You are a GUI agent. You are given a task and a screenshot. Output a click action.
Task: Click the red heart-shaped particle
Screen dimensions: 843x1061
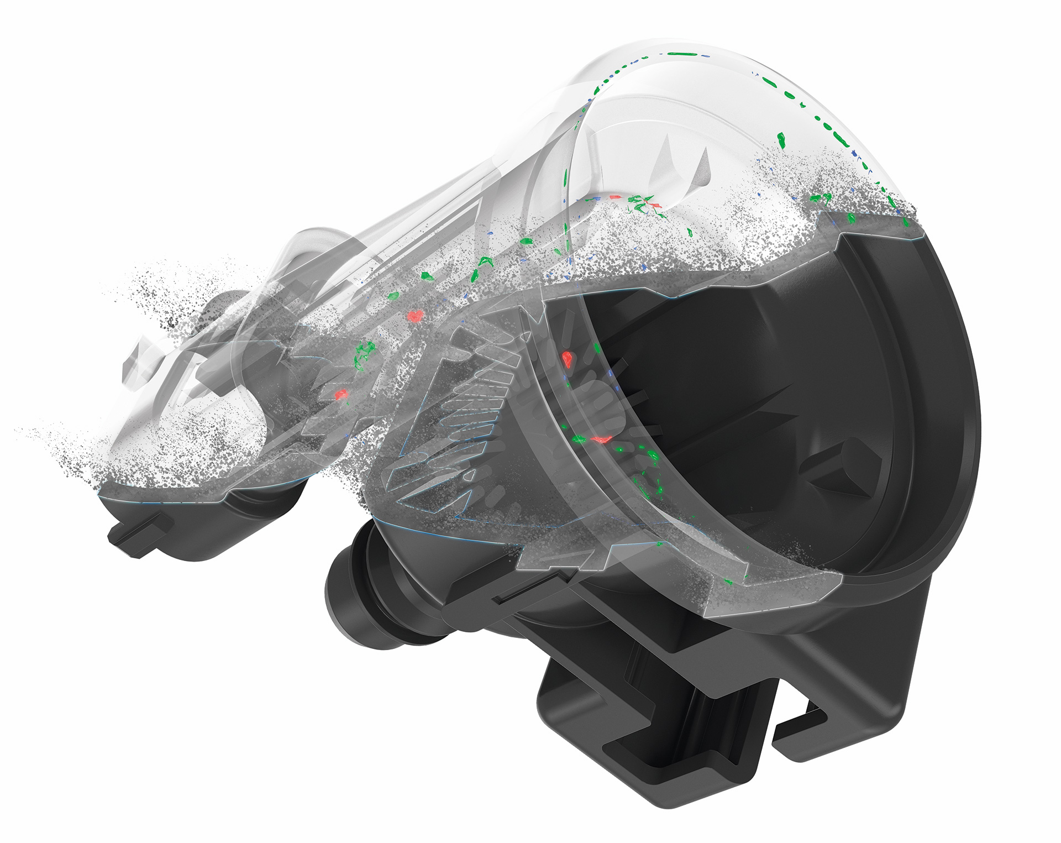(x=414, y=316)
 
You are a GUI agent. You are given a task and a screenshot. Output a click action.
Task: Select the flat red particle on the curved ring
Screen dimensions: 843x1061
(x=601, y=440)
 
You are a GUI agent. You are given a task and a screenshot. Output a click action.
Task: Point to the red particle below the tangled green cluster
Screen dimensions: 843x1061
(x=341, y=394)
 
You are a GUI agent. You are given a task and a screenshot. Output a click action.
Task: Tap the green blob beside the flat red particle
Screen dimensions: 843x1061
(x=578, y=439)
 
